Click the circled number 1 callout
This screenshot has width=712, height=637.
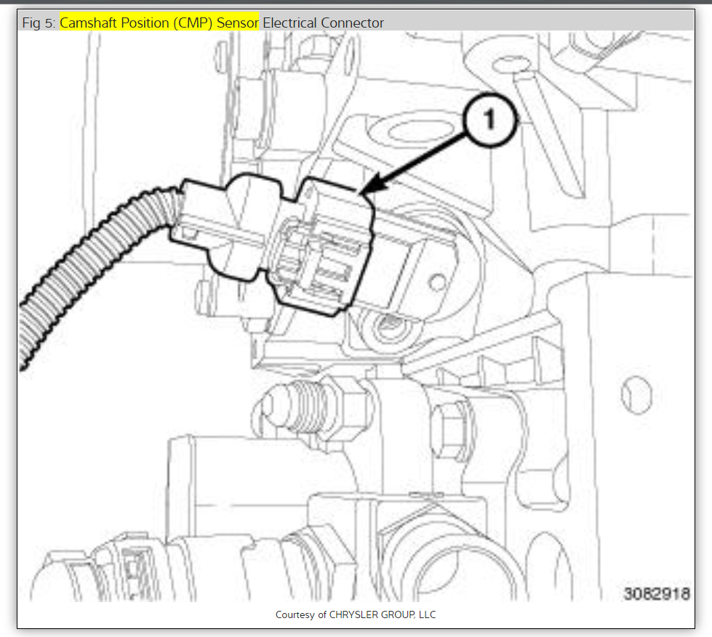[489, 120]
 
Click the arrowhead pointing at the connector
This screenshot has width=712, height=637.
[373, 185]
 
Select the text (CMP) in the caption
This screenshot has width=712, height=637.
[193, 23]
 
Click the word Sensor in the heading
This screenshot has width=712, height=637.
[238, 23]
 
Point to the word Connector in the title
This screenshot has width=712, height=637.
[352, 23]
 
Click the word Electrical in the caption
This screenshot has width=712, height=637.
[289, 23]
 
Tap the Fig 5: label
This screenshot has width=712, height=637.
[39, 23]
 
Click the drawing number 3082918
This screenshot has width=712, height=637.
[657, 593]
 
